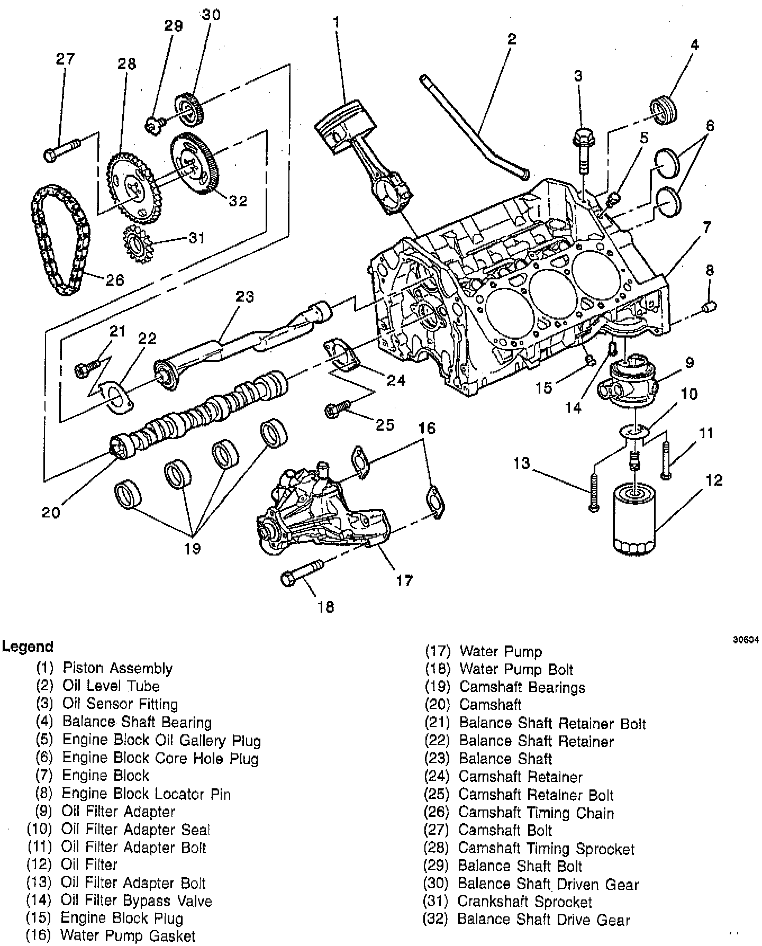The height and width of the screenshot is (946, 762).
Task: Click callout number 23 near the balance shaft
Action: (x=244, y=296)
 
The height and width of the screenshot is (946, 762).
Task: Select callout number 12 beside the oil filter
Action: (x=713, y=480)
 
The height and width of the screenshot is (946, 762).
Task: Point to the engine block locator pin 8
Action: (x=708, y=306)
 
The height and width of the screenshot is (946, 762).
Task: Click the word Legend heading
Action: (x=27, y=646)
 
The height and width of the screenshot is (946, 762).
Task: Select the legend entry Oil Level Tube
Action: (x=111, y=686)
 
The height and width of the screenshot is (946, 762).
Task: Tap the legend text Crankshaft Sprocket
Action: (x=524, y=901)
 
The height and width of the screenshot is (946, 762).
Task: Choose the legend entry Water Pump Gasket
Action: (x=128, y=935)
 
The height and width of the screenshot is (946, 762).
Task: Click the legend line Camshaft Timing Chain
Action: (x=536, y=813)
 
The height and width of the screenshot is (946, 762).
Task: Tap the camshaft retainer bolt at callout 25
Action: (x=335, y=410)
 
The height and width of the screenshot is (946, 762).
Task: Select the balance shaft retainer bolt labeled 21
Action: (x=86, y=368)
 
